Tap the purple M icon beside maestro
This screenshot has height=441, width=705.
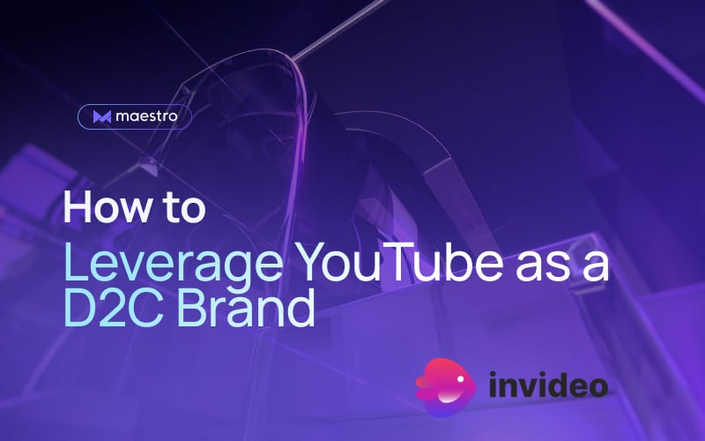click(101, 116)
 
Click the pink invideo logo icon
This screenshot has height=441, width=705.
click(446, 385)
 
